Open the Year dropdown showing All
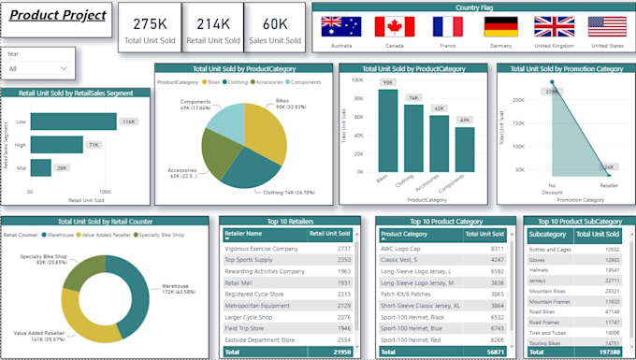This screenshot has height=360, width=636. (38, 68)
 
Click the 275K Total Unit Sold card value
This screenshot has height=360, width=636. (150, 23)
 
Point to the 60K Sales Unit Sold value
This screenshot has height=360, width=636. (275, 23)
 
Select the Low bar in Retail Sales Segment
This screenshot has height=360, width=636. (86, 121)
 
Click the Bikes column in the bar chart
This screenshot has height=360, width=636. (386, 128)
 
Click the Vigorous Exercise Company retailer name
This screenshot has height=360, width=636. (261, 249)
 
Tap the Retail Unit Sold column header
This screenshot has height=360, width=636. (329, 234)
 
